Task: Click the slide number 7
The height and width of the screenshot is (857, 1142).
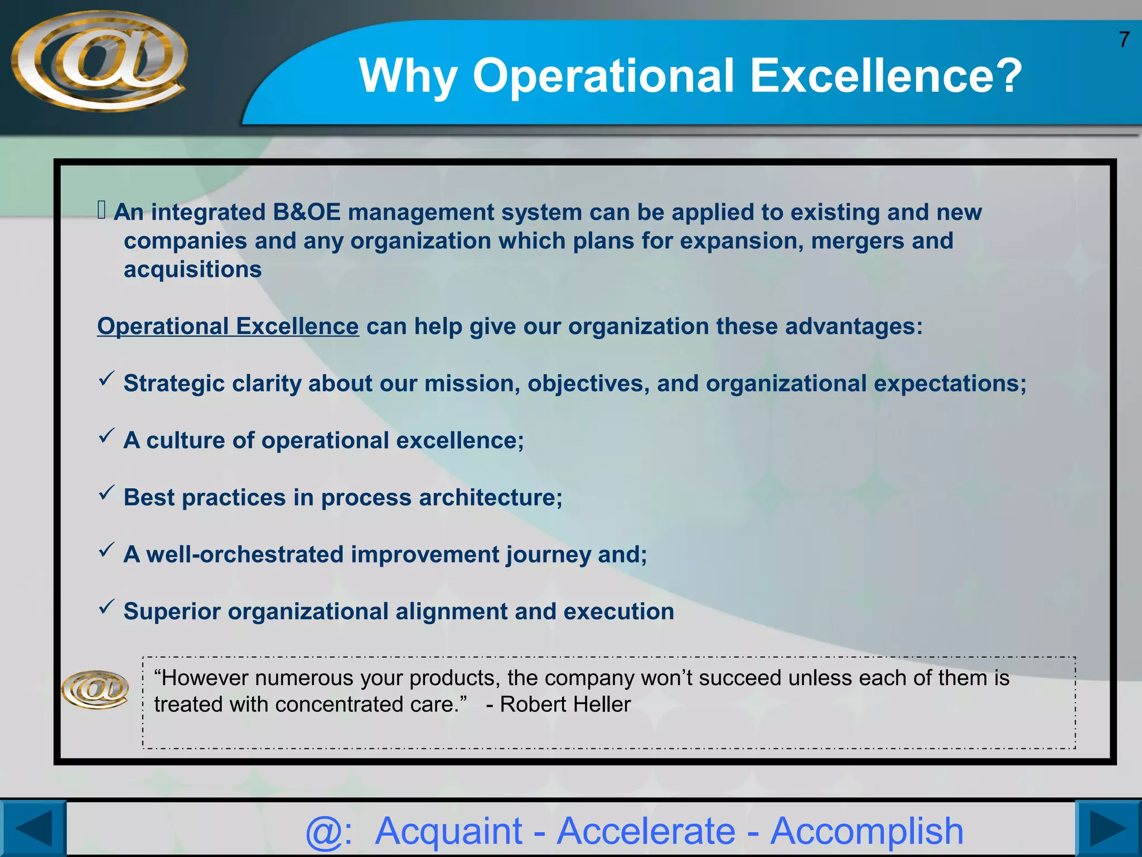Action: [1124, 40]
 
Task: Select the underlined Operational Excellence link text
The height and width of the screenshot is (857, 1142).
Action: [228, 326]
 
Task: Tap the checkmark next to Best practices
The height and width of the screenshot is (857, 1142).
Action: [107, 493]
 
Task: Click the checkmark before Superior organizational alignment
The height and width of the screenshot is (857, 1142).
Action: [107, 606]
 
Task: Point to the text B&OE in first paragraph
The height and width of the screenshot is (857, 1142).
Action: [306, 212]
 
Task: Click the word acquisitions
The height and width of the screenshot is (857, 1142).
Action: [192, 269]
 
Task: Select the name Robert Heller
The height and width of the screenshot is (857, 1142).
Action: [565, 705]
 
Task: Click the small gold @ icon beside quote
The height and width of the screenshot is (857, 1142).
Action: [95, 690]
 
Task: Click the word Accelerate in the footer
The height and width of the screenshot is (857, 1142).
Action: [646, 831]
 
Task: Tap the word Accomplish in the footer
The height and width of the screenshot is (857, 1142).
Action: [867, 831]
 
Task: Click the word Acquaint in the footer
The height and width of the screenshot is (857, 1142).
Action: [448, 831]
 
